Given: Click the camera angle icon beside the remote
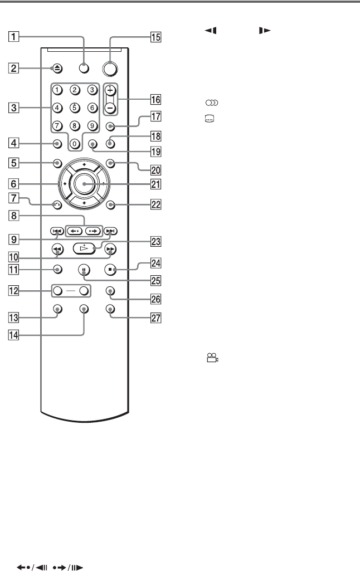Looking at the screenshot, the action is pos(212,360).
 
